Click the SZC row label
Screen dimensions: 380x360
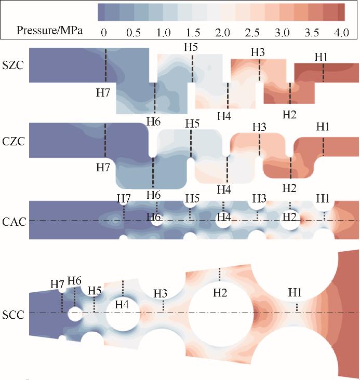tap(15, 65)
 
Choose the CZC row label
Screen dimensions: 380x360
tap(15, 141)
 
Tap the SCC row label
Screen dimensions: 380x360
tap(15, 314)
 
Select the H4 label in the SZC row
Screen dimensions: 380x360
tap(224, 115)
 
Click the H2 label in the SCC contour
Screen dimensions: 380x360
tap(220, 293)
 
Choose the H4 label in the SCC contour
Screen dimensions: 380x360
tap(122, 304)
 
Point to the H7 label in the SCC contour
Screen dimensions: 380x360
tap(57, 284)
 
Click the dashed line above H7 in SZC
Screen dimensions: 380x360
tap(105, 65)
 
